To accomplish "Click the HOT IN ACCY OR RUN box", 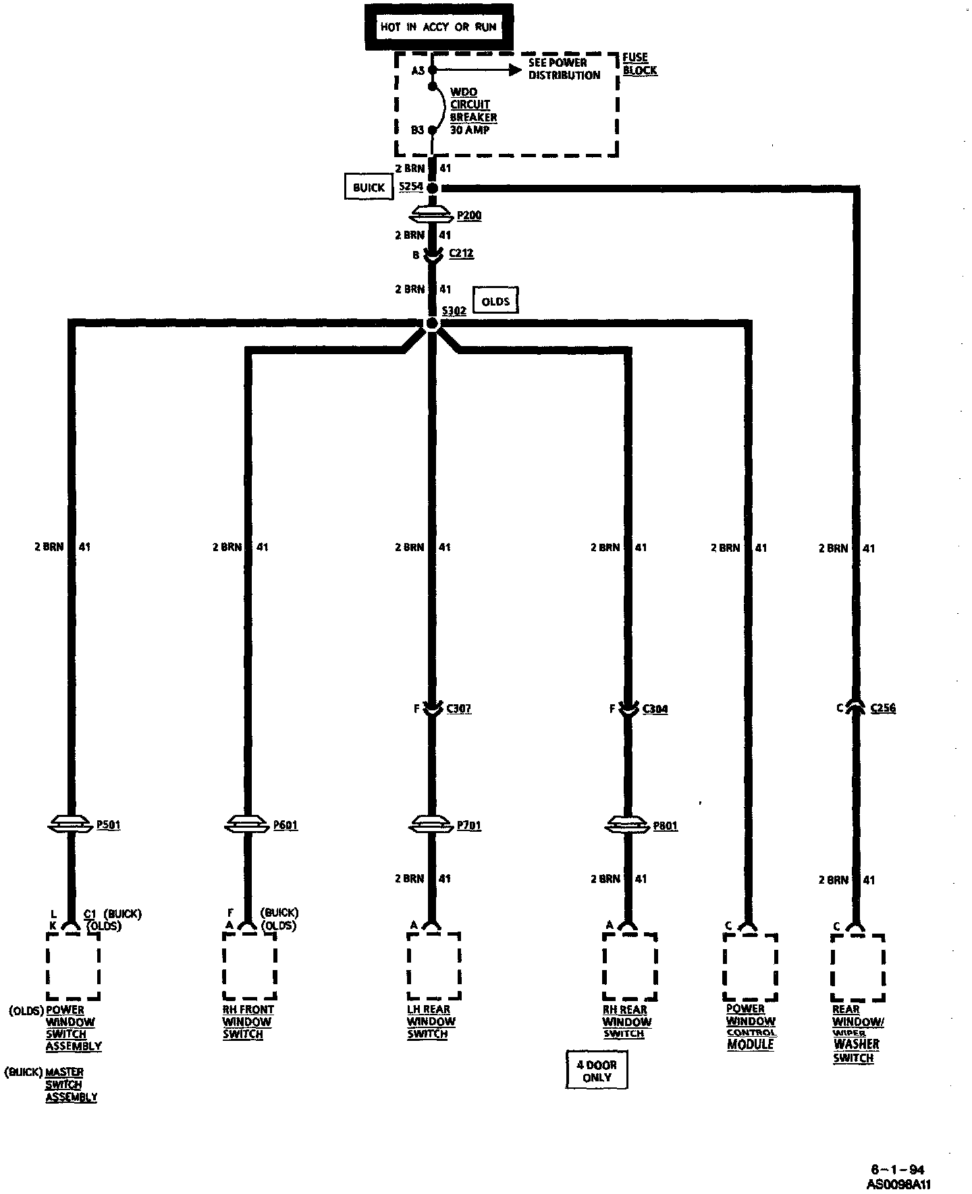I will [439, 27].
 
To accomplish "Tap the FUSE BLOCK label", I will [639, 64].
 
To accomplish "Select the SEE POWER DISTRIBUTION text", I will [564, 69].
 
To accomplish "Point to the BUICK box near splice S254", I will [369, 188].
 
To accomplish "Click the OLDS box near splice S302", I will [495, 302].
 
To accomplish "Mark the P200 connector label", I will [469, 215].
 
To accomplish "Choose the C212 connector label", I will [461, 253].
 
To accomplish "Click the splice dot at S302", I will [433, 324].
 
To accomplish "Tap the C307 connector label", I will [459, 709].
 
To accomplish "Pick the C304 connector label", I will [655, 709].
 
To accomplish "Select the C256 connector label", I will [883, 708].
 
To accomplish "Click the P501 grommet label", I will [109, 824].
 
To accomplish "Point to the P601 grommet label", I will [286, 825].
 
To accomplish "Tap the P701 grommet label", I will [469, 825].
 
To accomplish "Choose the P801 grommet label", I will [666, 826].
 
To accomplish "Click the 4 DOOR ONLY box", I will [597, 1071].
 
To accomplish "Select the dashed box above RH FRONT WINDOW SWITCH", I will [249, 966].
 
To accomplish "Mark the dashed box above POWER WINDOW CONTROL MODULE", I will [750, 967].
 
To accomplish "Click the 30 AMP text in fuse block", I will [470, 130].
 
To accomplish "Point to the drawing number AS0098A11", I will [898, 1184].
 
